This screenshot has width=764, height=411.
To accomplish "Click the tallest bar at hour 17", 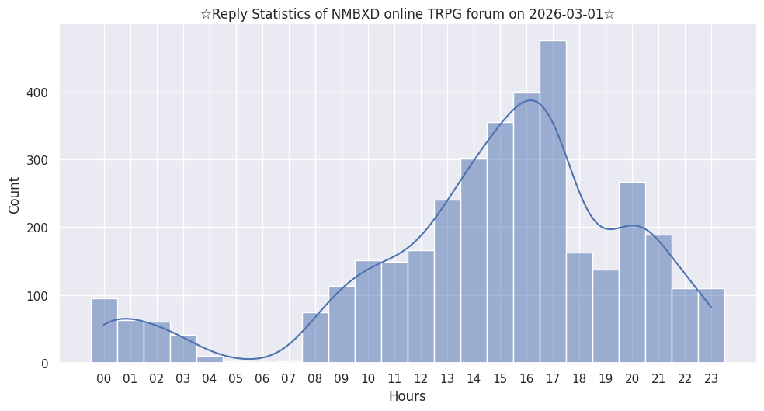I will (553, 202).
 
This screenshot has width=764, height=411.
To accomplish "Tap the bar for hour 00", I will (104, 331).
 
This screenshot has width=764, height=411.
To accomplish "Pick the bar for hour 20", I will (632, 273).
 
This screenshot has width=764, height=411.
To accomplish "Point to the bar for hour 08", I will (315, 338).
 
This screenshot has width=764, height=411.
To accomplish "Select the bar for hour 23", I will (711, 326).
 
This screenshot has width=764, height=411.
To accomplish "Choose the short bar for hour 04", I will (210, 359).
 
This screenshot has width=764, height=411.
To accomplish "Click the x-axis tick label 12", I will (420, 378).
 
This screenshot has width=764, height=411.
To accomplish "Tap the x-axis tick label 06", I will (262, 378).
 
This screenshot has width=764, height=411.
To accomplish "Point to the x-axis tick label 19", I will (605, 378).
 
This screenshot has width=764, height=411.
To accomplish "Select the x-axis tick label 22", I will (684, 378).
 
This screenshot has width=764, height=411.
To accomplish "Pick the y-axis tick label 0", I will (44, 364).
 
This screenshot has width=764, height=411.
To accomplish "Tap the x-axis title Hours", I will (407, 396).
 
